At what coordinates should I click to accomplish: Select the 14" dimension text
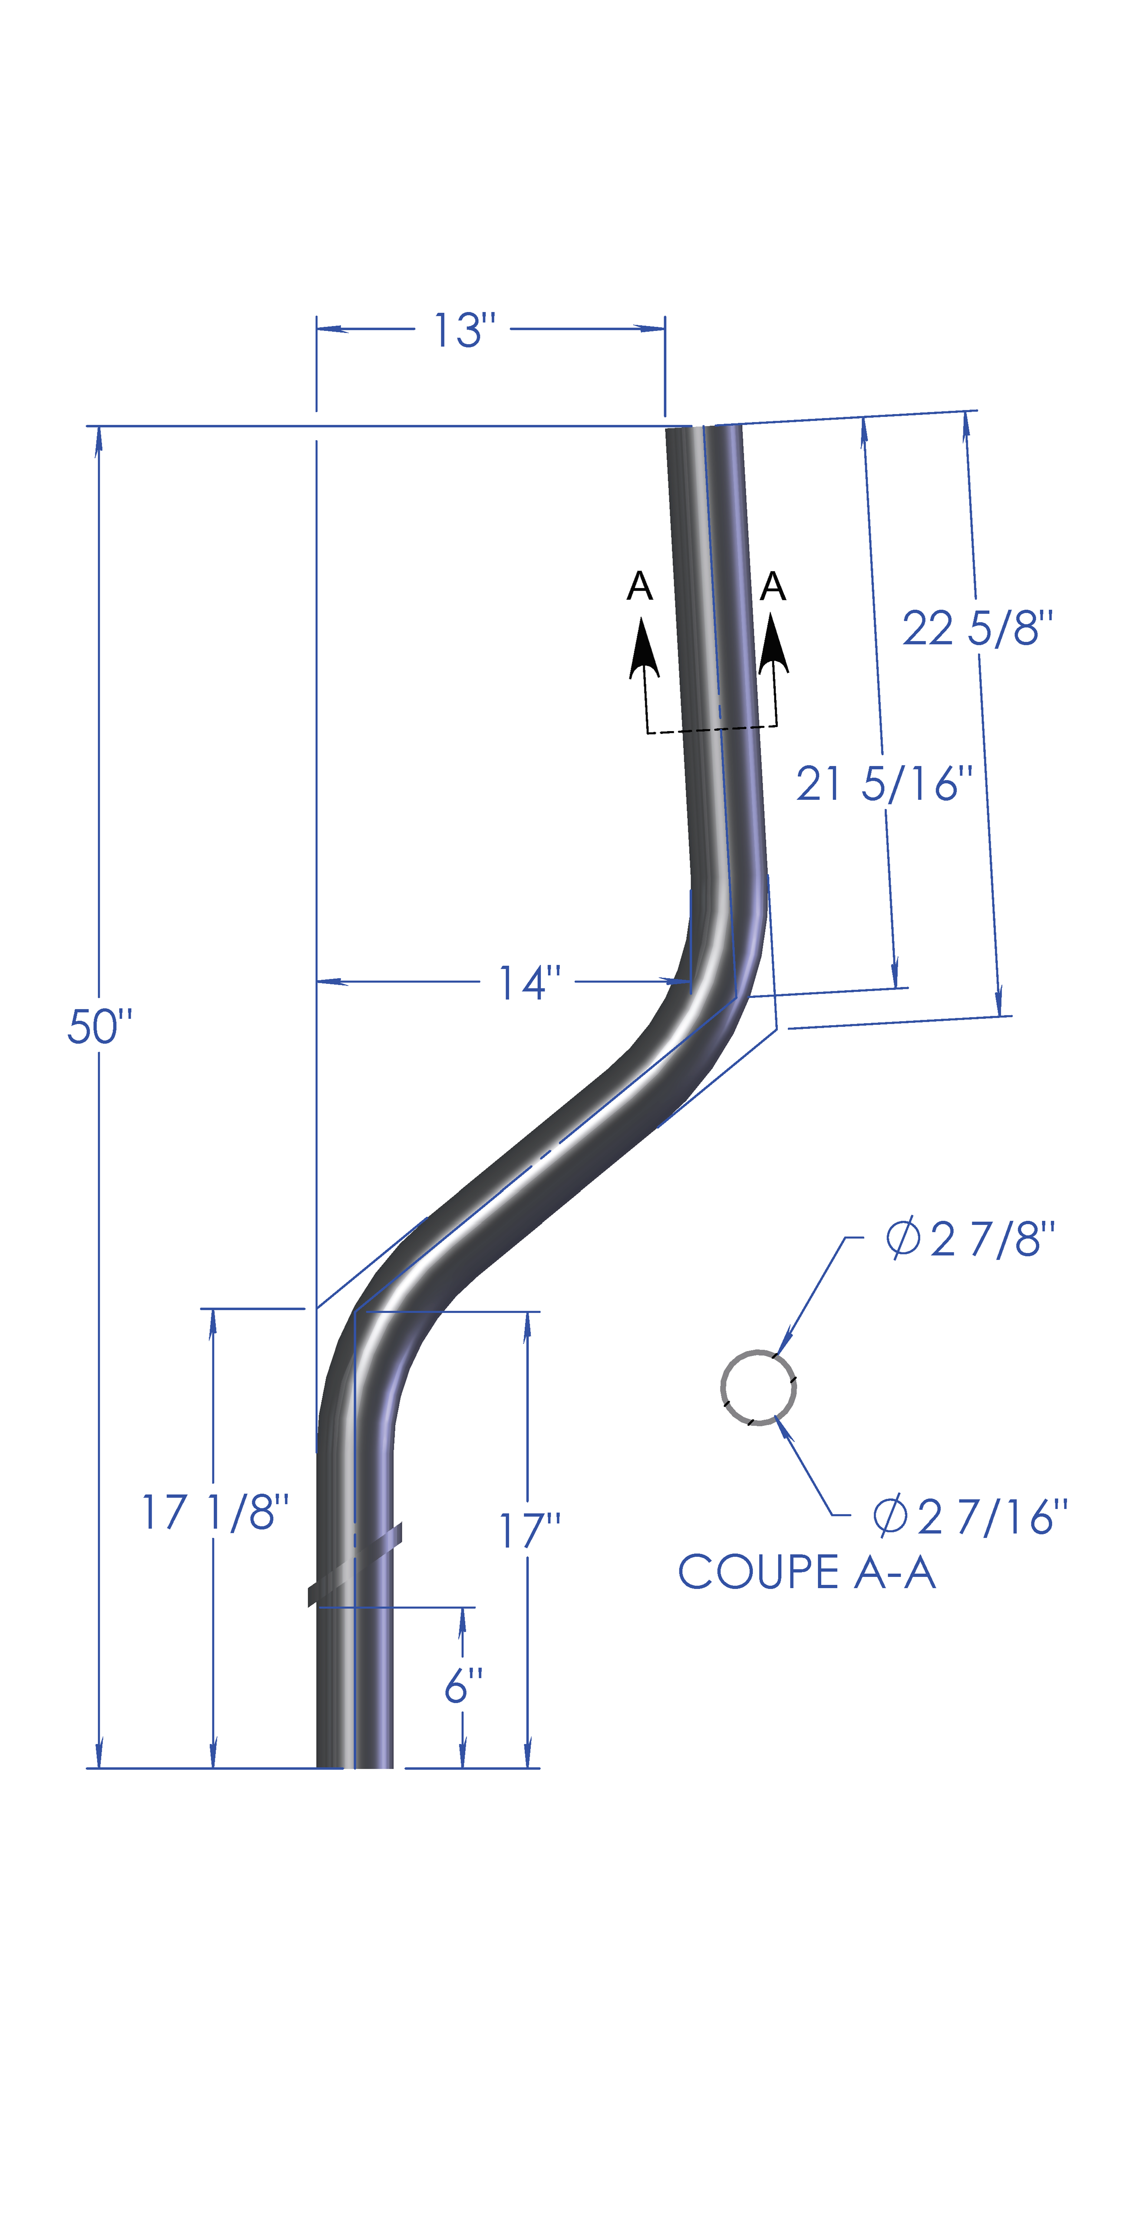coord(529,983)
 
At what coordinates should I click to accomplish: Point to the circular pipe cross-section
coord(758,1388)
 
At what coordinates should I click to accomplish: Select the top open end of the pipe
coord(704,429)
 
